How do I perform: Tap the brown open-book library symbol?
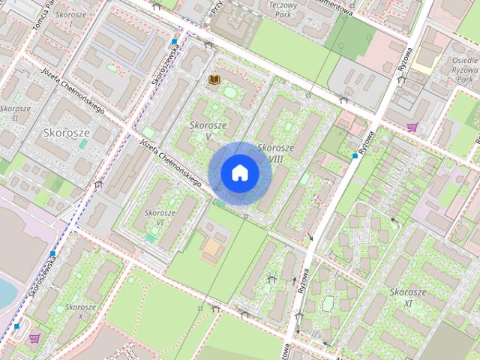[214, 79]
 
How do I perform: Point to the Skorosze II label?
[14, 112]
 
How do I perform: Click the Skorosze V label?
[205, 130]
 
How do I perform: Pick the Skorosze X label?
[79, 312]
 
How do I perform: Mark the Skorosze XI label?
[407, 296]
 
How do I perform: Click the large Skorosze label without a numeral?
[67, 132]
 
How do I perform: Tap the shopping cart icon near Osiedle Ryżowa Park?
[412, 127]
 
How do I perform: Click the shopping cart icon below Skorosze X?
[34, 338]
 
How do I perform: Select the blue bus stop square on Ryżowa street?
[355, 155]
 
